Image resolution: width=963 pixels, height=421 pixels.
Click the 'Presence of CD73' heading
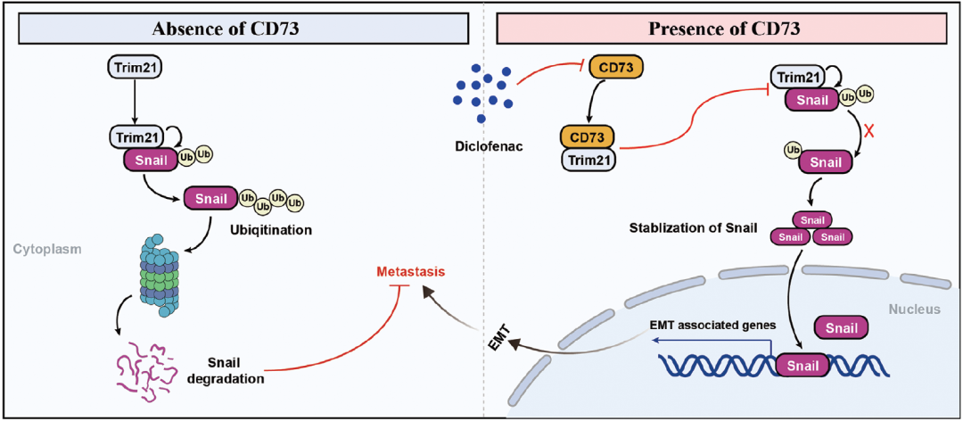[724, 29]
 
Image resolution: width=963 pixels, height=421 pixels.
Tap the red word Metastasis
[408, 271]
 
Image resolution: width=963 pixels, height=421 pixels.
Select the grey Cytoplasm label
[46, 249]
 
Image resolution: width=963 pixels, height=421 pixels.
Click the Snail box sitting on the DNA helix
[802, 365]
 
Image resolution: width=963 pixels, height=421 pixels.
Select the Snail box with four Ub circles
[210, 198]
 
